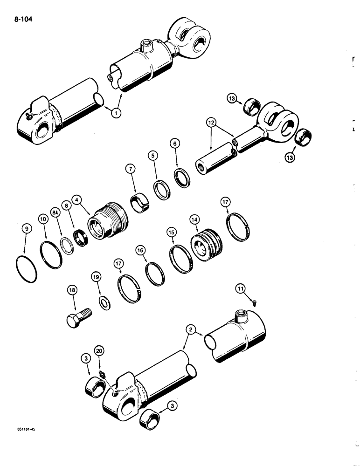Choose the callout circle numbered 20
(98, 350)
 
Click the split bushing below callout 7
(139, 204)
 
